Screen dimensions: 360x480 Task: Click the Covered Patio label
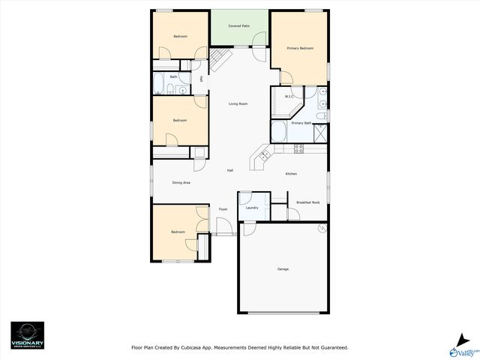pyautogui.click(x=239, y=25)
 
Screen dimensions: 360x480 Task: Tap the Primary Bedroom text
pyautogui.click(x=298, y=48)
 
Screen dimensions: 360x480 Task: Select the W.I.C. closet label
pyautogui.click(x=289, y=96)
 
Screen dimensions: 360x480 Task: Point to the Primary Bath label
pyautogui.click(x=301, y=123)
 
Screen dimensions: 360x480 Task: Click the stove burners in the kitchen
pyautogui.click(x=298, y=148)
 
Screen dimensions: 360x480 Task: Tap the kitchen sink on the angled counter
pyautogui.click(x=265, y=155)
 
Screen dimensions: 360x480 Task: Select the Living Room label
pyautogui.click(x=238, y=103)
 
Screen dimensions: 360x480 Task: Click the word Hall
pyautogui.click(x=229, y=170)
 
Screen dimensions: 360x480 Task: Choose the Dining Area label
pyautogui.click(x=181, y=182)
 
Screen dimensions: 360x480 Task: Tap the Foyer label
pyautogui.click(x=223, y=209)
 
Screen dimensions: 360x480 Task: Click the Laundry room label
pyautogui.click(x=252, y=208)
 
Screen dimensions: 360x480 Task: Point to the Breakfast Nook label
pyautogui.click(x=308, y=202)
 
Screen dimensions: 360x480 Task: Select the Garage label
pyautogui.click(x=283, y=269)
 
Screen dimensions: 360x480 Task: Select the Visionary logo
pyautogui.click(x=27, y=334)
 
